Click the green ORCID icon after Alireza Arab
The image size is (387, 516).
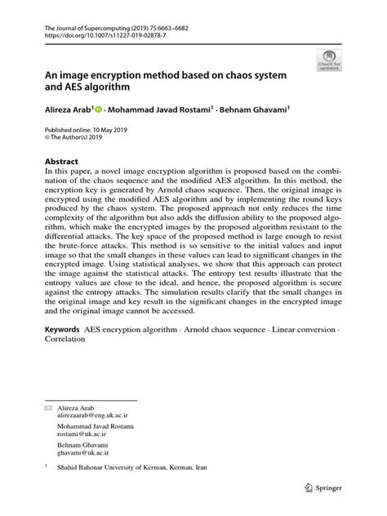pos(99,108)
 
